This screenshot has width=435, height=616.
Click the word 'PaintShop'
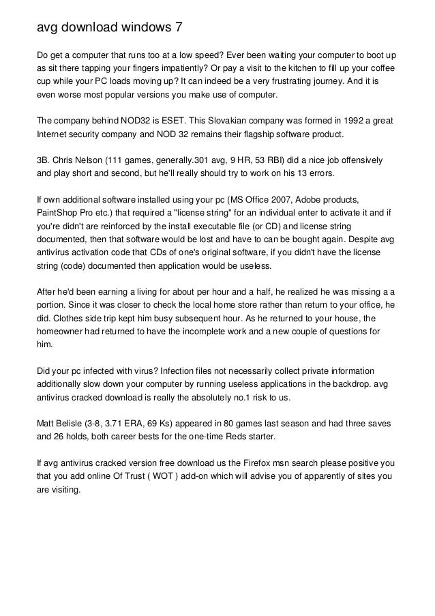pos(60,212)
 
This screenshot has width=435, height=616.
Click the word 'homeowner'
pos(61,331)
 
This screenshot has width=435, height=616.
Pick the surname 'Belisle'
pos(75,422)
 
